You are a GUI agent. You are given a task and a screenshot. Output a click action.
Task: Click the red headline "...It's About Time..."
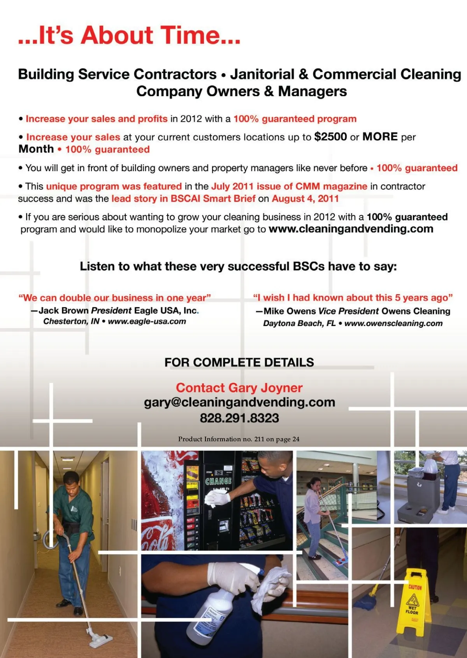(129, 35)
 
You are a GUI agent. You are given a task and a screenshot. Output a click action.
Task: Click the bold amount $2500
(330, 137)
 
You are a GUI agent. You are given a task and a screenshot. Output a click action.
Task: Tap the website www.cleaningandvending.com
(351, 229)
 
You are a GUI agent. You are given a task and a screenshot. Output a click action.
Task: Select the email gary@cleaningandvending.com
(239, 402)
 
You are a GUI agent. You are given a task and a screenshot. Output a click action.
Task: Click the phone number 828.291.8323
(239, 418)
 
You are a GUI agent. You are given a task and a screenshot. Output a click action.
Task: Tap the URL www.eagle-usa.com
(147, 322)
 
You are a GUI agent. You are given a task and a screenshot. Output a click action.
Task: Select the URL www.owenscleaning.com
(393, 323)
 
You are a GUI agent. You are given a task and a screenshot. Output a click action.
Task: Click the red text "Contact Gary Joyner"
(239, 388)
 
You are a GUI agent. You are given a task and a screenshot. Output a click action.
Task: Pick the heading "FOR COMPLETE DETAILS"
(239, 363)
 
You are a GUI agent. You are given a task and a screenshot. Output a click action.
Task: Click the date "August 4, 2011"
(305, 199)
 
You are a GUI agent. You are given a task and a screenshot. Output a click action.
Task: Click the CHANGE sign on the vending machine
(218, 481)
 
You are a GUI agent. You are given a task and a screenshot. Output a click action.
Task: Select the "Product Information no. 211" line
(239, 439)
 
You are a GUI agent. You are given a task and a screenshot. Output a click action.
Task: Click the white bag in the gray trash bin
(431, 466)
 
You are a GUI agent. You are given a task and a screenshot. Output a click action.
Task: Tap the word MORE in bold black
(380, 137)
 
